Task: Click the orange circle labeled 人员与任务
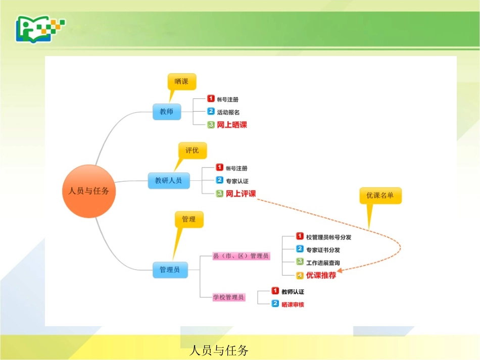89,191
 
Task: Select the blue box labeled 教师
166,112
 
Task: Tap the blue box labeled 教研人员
169,180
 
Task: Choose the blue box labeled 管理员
170,270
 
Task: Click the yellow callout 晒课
181,81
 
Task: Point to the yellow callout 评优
192,150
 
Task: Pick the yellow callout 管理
188,219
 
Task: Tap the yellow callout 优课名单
380,195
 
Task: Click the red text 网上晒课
232,125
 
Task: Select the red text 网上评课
241,193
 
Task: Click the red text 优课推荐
321,276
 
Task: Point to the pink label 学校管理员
228,297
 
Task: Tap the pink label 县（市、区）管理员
241,256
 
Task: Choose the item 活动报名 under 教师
228,112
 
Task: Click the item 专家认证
237,181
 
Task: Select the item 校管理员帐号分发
328,237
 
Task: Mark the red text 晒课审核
293,304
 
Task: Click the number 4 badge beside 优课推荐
300,276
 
